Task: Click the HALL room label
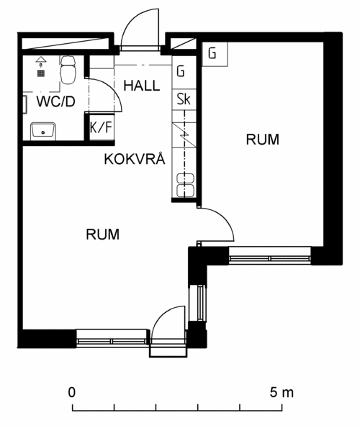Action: (142, 86)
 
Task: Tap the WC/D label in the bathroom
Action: (56, 101)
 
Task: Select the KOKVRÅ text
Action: (135, 158)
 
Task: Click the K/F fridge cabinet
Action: (102, 127)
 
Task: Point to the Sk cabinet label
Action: (184, 99)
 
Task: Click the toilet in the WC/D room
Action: (68, 70)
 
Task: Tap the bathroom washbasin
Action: (43, 130)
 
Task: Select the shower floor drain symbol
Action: (41, 73)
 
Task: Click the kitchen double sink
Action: (186, 185)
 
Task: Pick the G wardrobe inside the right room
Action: (215, 54)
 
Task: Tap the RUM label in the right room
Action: (263, 140)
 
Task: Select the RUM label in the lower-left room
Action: (103, 235)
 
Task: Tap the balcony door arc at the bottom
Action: (161, 316)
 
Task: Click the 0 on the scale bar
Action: (71, 393)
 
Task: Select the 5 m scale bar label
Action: (282, 393)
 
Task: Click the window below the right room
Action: (269, 256)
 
